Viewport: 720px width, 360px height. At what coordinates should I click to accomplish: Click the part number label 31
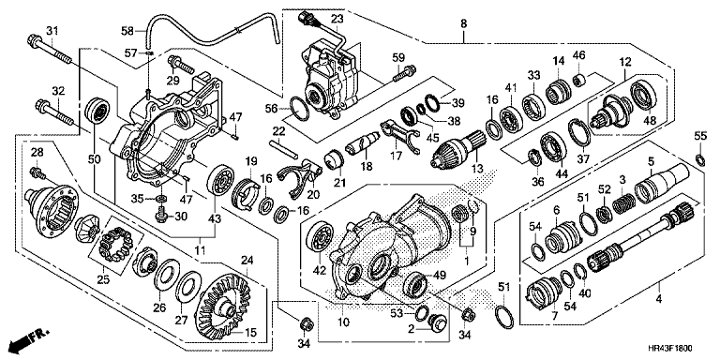(x=52, y=31)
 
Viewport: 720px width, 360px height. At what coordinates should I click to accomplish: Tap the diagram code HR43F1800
(x=670, y=349)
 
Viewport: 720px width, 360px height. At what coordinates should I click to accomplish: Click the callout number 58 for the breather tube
(x=127, y=31)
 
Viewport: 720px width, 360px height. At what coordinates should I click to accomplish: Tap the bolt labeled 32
(x=54, y=112)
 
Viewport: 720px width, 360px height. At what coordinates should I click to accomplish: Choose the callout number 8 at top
(x=463, y=23)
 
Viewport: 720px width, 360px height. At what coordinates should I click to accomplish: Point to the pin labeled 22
(x=283, y=148)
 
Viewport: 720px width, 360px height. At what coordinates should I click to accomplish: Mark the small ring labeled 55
(x=700, y=159)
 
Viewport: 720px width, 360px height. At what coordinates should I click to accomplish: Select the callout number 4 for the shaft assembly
(x=658, y=300)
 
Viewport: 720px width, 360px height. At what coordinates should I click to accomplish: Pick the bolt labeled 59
(x=404, y=72)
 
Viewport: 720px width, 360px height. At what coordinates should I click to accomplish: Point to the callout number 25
(x=103, y=278)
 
